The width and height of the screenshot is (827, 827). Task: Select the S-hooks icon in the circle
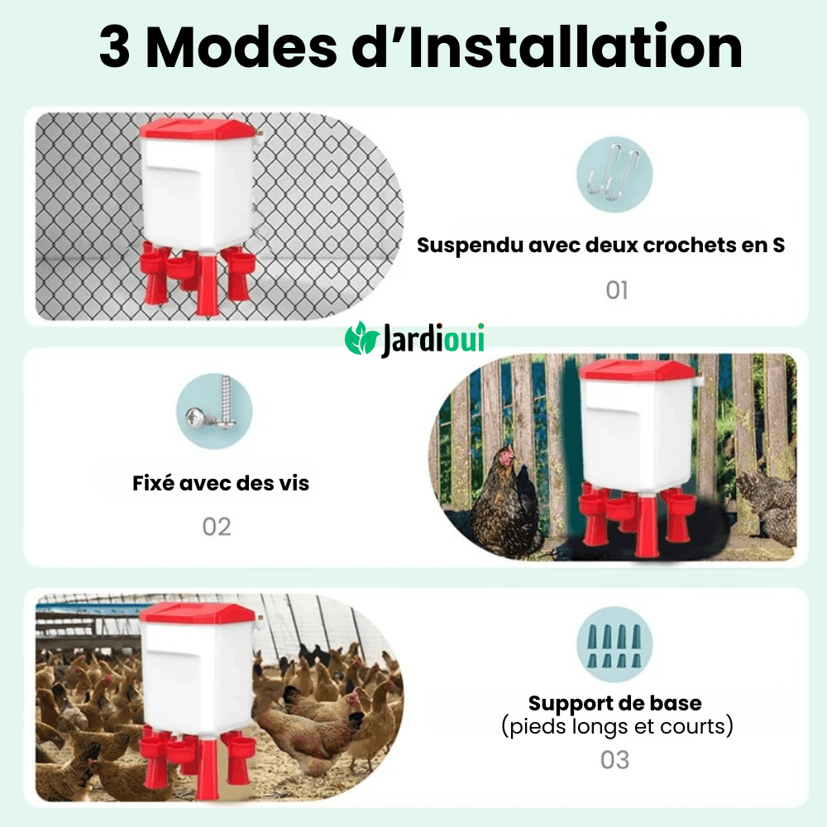614,175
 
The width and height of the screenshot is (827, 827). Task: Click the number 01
617,290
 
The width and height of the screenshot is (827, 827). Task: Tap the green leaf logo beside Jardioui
361,340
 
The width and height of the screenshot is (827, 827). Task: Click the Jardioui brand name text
433,340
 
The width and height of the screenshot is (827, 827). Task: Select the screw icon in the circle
213,410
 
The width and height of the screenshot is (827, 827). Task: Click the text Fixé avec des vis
221,483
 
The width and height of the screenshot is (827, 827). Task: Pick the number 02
217,527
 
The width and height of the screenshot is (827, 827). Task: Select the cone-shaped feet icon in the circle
614,646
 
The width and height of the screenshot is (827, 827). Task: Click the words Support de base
615,704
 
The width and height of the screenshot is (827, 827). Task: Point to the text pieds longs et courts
617,728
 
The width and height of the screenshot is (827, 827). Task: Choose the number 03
615,759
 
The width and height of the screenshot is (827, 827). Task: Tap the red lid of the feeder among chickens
197,613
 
